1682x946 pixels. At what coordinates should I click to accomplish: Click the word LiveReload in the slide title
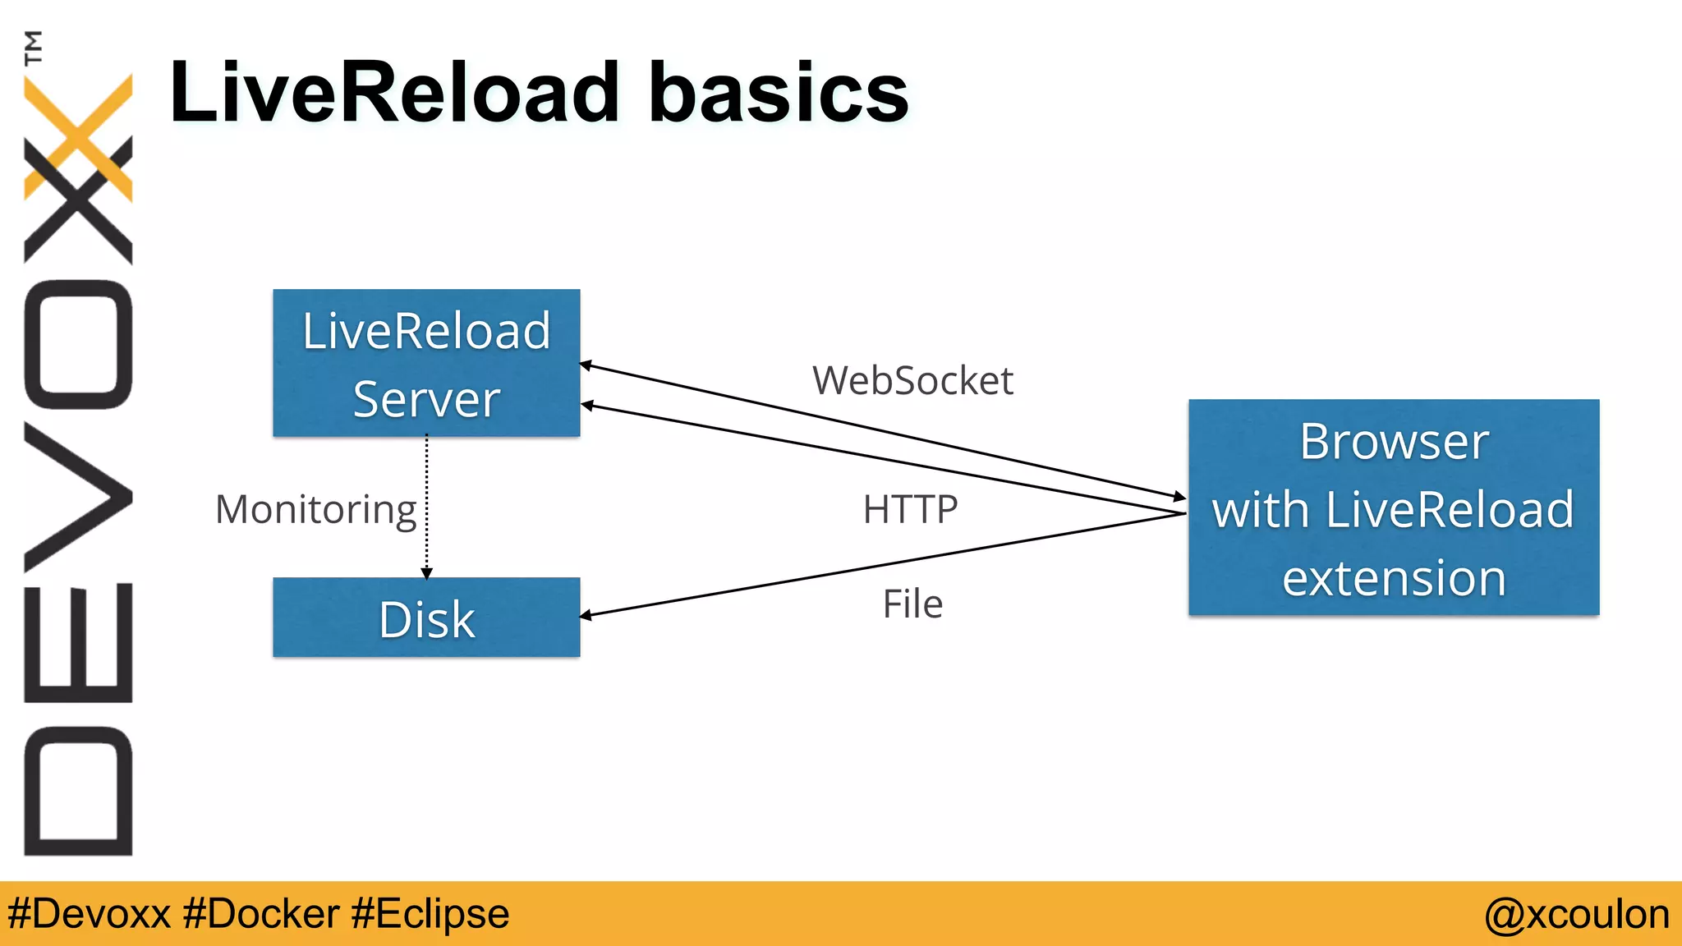[394, 93]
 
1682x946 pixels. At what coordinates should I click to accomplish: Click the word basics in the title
[779, 93]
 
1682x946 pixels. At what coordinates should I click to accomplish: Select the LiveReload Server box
[426, 362]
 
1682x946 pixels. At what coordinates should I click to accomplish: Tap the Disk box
[426, 618]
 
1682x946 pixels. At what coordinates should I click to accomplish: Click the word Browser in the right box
[1394, 442]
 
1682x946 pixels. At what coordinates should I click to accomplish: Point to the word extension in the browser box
[1394, 577]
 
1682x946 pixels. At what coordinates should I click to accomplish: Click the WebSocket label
[912, 380]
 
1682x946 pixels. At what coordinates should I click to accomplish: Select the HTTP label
[910, 509]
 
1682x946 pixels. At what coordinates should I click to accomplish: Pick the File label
[912, 604]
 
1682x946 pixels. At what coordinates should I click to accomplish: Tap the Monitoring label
[316, 509]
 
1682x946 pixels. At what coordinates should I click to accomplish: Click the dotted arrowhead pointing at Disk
[426, 573]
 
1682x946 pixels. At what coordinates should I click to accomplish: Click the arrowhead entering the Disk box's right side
[586, 614]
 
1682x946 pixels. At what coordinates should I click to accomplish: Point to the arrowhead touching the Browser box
[1179, 496]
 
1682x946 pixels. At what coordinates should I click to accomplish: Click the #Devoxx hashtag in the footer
[89, 914]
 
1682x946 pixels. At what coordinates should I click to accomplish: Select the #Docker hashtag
[261, 914]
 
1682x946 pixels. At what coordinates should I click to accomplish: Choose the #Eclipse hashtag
[430, 914]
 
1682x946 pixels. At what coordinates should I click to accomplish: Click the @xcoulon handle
[1576, 914]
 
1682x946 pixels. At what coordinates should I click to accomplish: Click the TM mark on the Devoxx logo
[33, 47]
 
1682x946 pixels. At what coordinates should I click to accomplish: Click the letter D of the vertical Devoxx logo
[79, 791]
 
